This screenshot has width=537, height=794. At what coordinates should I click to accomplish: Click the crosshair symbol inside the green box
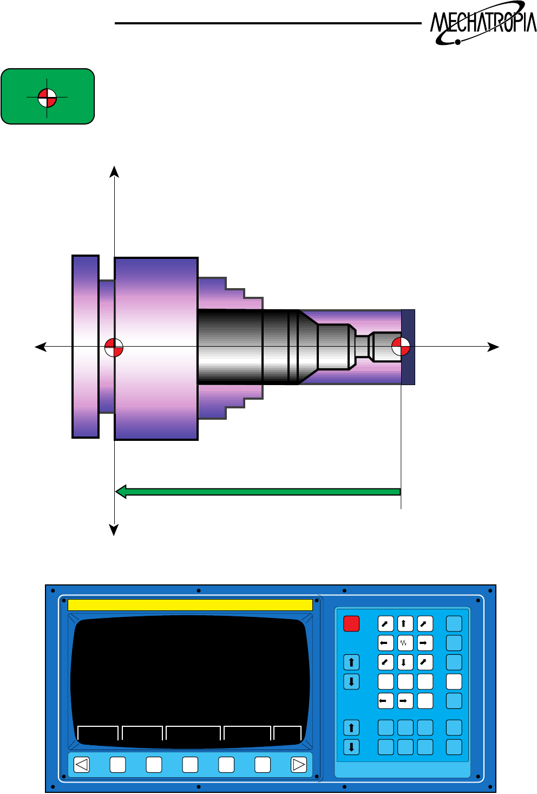47,98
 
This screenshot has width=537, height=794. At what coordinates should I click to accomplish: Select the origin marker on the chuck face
114,347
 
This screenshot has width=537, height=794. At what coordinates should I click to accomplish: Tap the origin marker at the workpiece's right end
401,347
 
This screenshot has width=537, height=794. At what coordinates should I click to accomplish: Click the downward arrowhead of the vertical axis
114,530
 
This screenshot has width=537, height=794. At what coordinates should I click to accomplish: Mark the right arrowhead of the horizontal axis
493,347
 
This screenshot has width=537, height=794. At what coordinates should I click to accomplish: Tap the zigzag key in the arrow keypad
405,643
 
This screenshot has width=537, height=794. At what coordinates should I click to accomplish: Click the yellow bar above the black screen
190,604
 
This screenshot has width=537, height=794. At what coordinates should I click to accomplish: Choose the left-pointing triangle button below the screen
82,765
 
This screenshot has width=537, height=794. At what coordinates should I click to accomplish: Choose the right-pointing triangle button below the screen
299,765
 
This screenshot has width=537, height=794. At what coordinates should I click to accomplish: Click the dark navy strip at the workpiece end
408,347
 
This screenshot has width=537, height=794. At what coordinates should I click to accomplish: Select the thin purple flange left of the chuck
86,347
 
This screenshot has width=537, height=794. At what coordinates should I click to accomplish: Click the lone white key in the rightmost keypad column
454,681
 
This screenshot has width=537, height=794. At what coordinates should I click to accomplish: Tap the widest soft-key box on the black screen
193,733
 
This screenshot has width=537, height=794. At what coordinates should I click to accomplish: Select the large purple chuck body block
156,349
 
